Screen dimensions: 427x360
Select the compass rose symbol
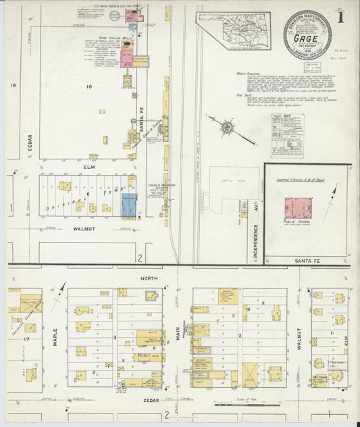(x=228, y=126)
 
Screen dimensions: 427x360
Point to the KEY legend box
(x=287, y=134)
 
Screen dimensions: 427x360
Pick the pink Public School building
(x=297, y=207)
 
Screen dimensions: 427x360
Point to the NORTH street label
(x=148, y=278)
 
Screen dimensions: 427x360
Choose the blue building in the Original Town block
(x=128, y=205)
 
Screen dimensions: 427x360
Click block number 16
(x=88, y=87)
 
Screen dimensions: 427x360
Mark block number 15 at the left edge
(x=13, y=85)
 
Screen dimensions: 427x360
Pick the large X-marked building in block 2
(x=250, y=374)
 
